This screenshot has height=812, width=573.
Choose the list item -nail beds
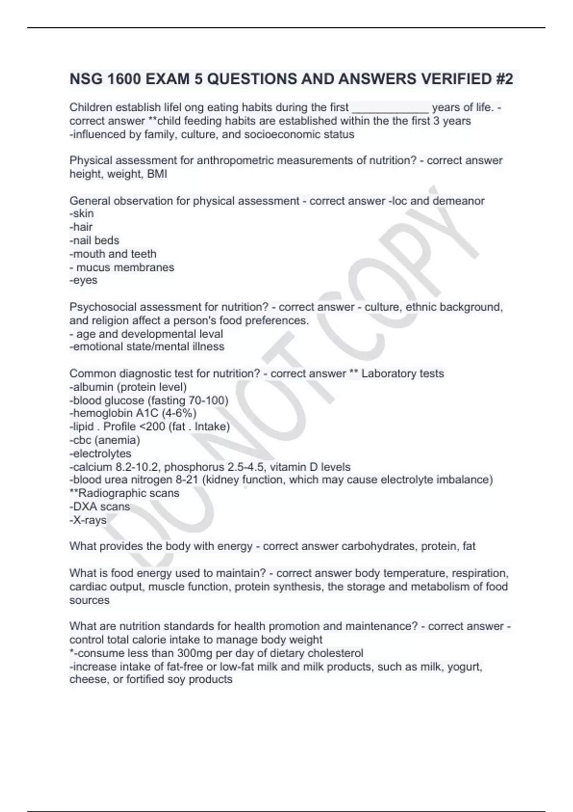pyautogui.click(x=95, y=241)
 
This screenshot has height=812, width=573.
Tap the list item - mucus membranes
pyautogui.click(x=122, y=267)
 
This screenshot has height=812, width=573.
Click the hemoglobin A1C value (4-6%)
pyautogui.click(x=179, y=413)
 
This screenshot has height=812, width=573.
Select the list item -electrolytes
pyautogui.click(x=100, y=453)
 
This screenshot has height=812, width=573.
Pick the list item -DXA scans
pyautogui.click(x=100, y=507)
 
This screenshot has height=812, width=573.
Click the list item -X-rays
pyautogui.click(x=88, y=520)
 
